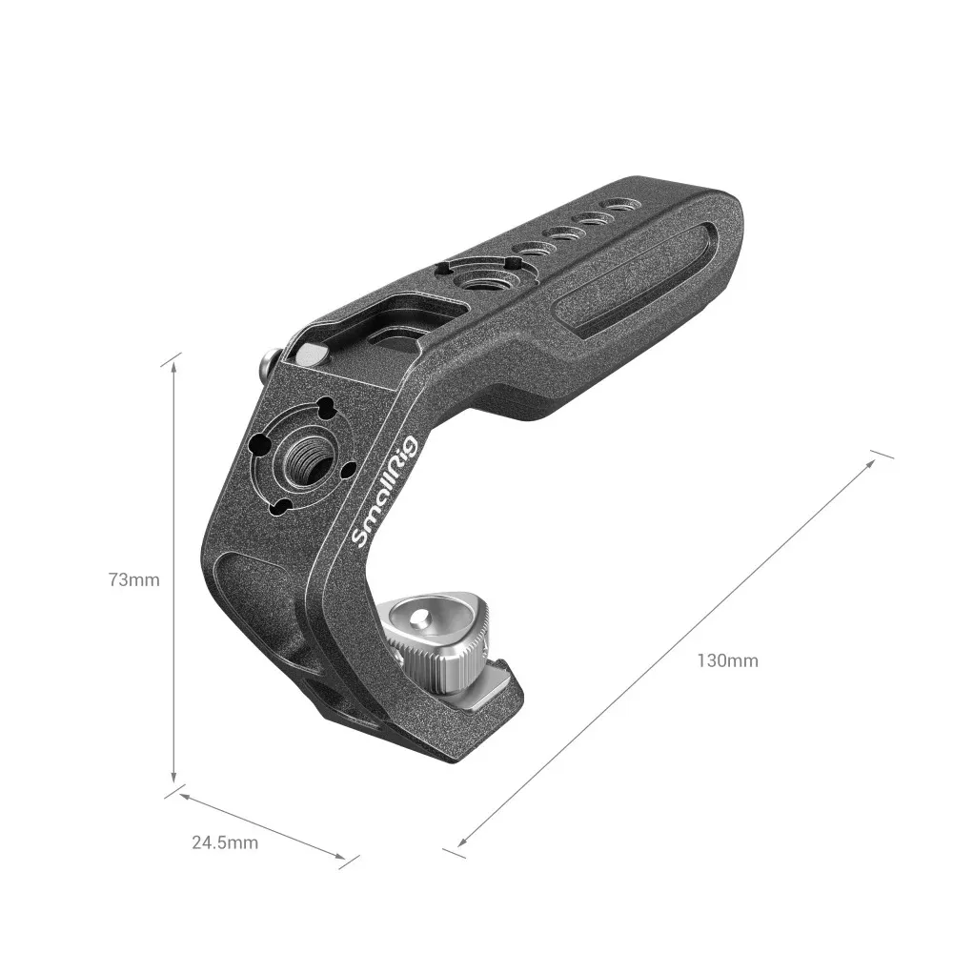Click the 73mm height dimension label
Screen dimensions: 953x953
click(133, 579)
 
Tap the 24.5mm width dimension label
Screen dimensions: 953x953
click(224, 841)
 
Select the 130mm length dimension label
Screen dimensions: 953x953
click(727, 659)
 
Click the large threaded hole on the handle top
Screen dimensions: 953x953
click(470, 281)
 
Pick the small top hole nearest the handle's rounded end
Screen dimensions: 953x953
click(621, 204)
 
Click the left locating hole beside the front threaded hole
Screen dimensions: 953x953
click(260, 445)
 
